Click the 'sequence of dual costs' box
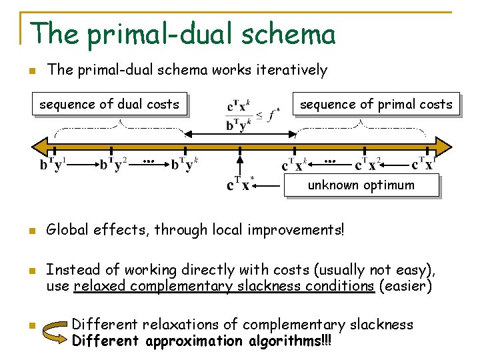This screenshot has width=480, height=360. [x=109, y=104]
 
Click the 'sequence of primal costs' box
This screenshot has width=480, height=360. [x=376, y=104]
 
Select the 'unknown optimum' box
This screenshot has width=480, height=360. [x=361, y=185]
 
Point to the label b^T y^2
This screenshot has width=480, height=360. [x=113, y=164]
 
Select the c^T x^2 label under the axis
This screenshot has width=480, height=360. [x=369, y=164]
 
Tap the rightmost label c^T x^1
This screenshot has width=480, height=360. [x=424, y=164]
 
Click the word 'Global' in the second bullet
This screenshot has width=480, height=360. [x=67, y=230]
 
